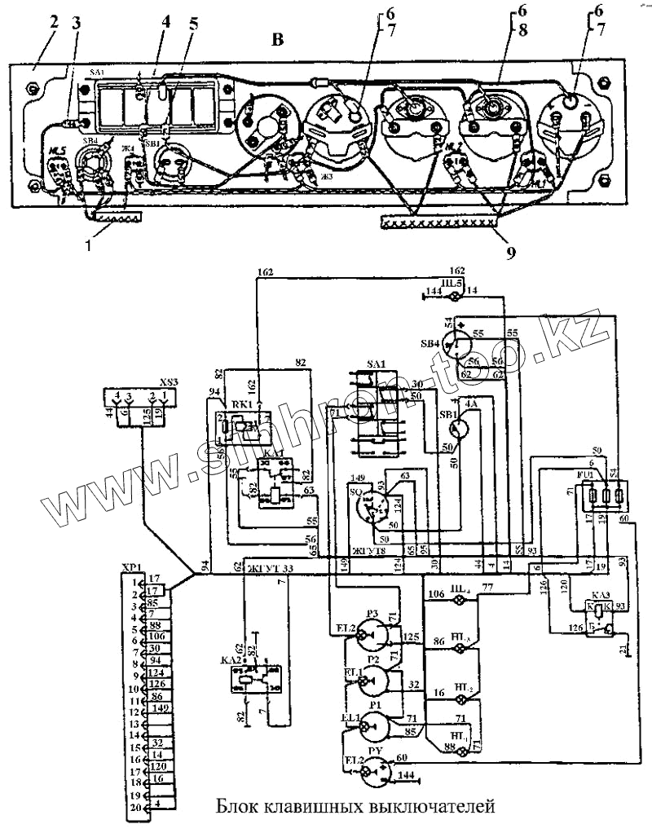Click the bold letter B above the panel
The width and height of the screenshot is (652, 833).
coord(278,41)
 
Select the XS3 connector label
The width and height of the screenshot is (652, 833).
coord(170,380)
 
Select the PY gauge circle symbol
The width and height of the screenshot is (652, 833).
coord(377,770)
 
